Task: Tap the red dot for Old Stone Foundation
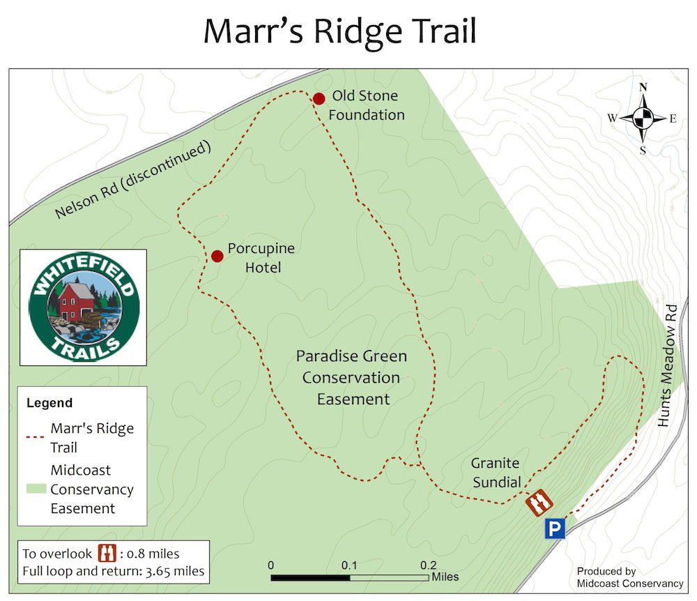pos(319,99)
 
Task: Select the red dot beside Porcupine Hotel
pos(217,256)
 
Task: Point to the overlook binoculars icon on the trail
pos(538,501)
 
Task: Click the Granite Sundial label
pos(496,472)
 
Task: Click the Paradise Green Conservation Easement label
pos(352,377)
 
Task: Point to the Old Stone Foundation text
pos(366,105)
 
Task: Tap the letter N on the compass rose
pos(643,87)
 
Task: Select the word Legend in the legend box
pos(49,403)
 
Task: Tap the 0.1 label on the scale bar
pos(349,565)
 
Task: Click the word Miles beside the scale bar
pos(445,577)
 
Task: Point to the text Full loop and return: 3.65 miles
pos(113,571)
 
